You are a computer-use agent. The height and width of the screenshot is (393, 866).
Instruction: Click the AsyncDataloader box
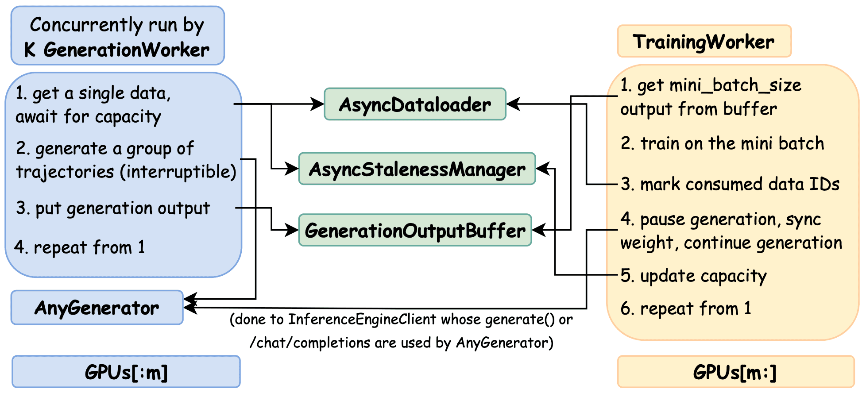click(x=415, y=104)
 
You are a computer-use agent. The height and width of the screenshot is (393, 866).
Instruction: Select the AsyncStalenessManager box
click(x=417, y=169)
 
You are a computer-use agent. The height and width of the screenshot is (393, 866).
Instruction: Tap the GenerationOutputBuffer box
click(x=415, y=231)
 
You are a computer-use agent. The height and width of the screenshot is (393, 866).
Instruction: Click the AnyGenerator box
click(x=97, y=308)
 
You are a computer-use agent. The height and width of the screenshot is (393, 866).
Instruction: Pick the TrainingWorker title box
click(x=704, y=42)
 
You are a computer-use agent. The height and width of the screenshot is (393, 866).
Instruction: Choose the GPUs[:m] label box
click(x=126, y=372)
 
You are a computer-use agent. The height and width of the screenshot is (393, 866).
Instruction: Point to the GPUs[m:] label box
click(x=735, y=372)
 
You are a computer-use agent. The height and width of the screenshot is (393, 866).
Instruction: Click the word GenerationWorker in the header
click(x=126, y=50)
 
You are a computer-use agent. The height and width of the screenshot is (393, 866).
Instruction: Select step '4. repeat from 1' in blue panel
click(x=80, y=247)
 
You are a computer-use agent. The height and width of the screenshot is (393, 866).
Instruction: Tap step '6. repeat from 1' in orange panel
click(x=686, y=308)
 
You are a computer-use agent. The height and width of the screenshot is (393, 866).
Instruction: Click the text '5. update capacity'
click(x=693, y=276)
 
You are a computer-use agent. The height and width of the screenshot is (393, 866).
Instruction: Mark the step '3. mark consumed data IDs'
click(x=730, y=184)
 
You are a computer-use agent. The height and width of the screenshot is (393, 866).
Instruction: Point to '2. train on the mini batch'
click(x=722, y=143)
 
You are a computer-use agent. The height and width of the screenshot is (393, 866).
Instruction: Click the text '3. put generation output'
click(x=113, y=208)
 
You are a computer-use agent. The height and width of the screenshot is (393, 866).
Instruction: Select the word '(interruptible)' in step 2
click(x=178, y=172)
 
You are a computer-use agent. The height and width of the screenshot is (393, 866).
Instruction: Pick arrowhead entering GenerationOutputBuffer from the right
click(x=537, y=230)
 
